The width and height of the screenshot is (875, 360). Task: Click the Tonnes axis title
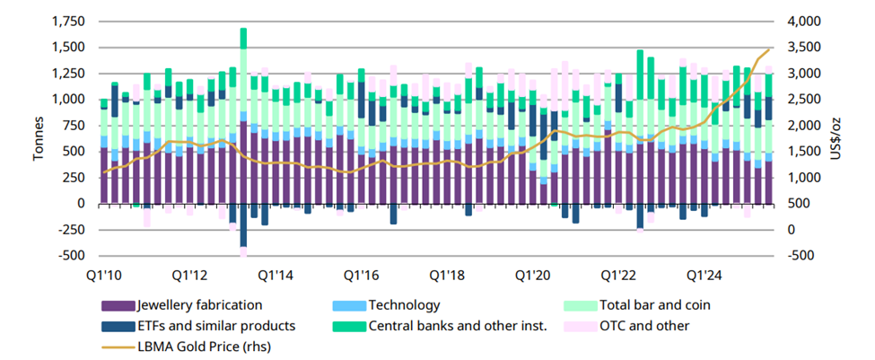coord(39,139)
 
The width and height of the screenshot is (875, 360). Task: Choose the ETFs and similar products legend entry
coord(215,325)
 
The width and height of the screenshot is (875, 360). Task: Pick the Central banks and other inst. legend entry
coord(457,325)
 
